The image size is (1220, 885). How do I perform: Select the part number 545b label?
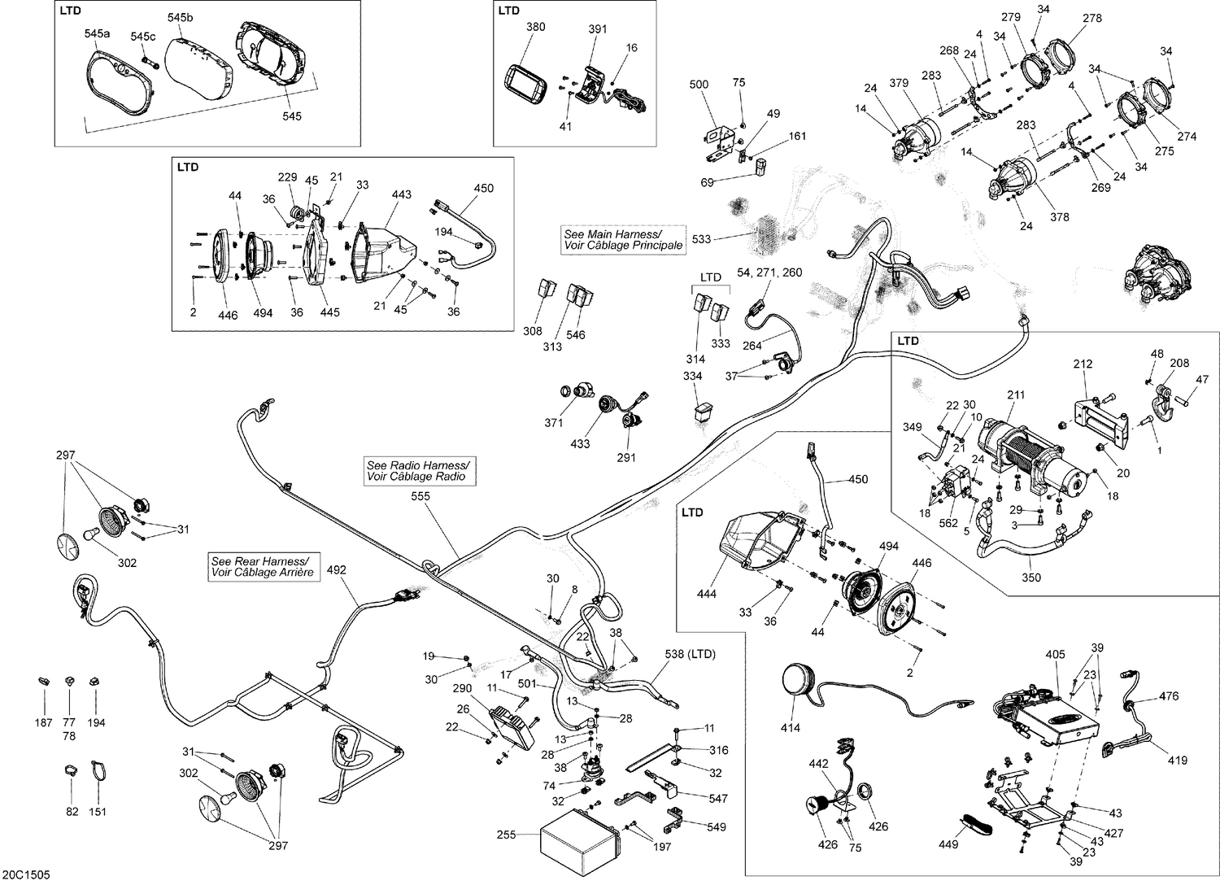(x=181, y=18)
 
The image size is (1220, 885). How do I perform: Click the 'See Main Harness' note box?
(x=623, y=239)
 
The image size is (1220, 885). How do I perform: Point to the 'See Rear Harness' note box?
(x=262, y=567)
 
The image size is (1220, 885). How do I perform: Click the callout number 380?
(x=535, y=27)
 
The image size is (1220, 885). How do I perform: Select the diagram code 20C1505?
(x=27, y=874)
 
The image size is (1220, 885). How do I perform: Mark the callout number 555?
(x=420, y=495)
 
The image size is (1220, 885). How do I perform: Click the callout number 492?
(x=336, y=570)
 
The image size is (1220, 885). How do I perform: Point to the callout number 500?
(x=699, y=85)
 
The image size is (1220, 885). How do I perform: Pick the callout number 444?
(x=707, y=594)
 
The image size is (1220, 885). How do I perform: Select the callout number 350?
(x=1030, y=578)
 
